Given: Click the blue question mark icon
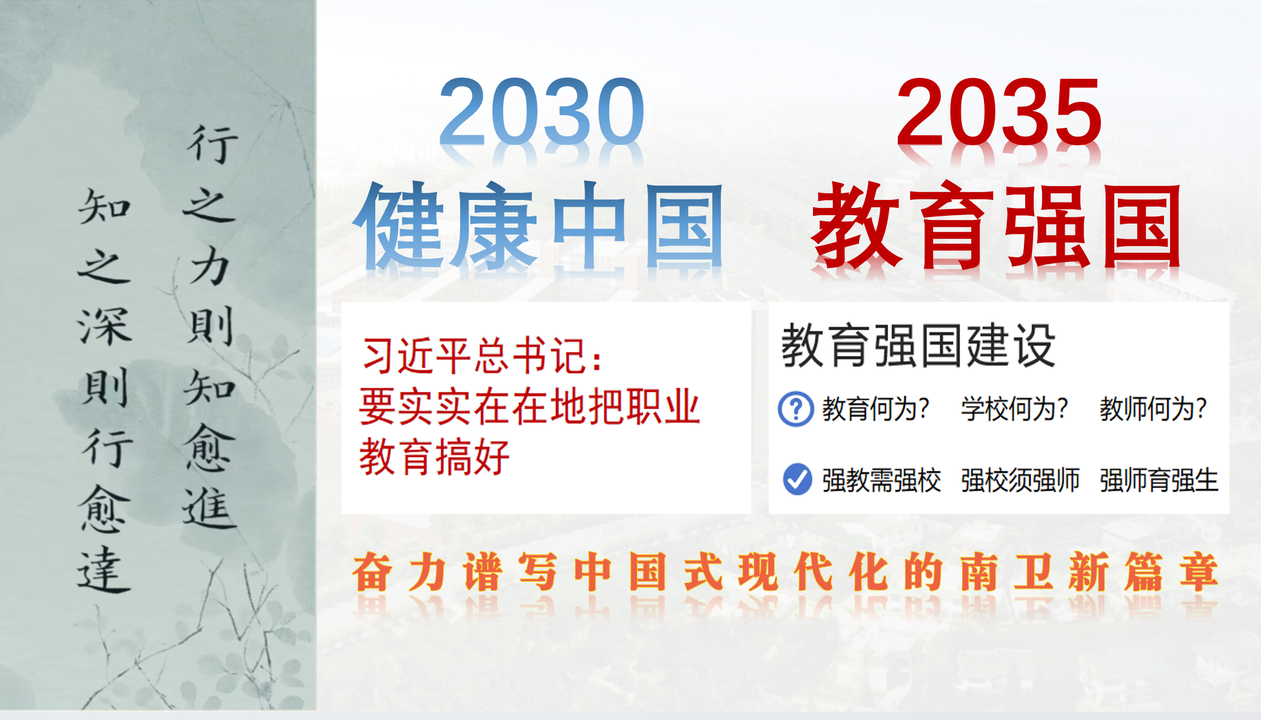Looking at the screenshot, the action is [796, 409].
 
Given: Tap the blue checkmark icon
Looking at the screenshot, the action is [797, 479].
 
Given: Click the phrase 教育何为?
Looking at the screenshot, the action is [875, 409].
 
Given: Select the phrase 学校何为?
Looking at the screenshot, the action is [1014, 409].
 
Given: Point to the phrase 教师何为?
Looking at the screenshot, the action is [1153, 409].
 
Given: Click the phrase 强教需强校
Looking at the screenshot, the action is [881, 480].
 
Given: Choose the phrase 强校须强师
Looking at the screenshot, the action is [1020, 480].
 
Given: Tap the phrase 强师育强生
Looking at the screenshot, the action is [1159, 480].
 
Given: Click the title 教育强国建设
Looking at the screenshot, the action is [918, 345].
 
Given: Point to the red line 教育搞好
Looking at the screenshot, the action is [434, 457].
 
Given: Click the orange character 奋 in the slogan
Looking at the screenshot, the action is [372, 572].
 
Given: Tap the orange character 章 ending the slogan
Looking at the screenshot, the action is [1199, 572].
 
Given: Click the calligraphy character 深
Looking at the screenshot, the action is [105, 327].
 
